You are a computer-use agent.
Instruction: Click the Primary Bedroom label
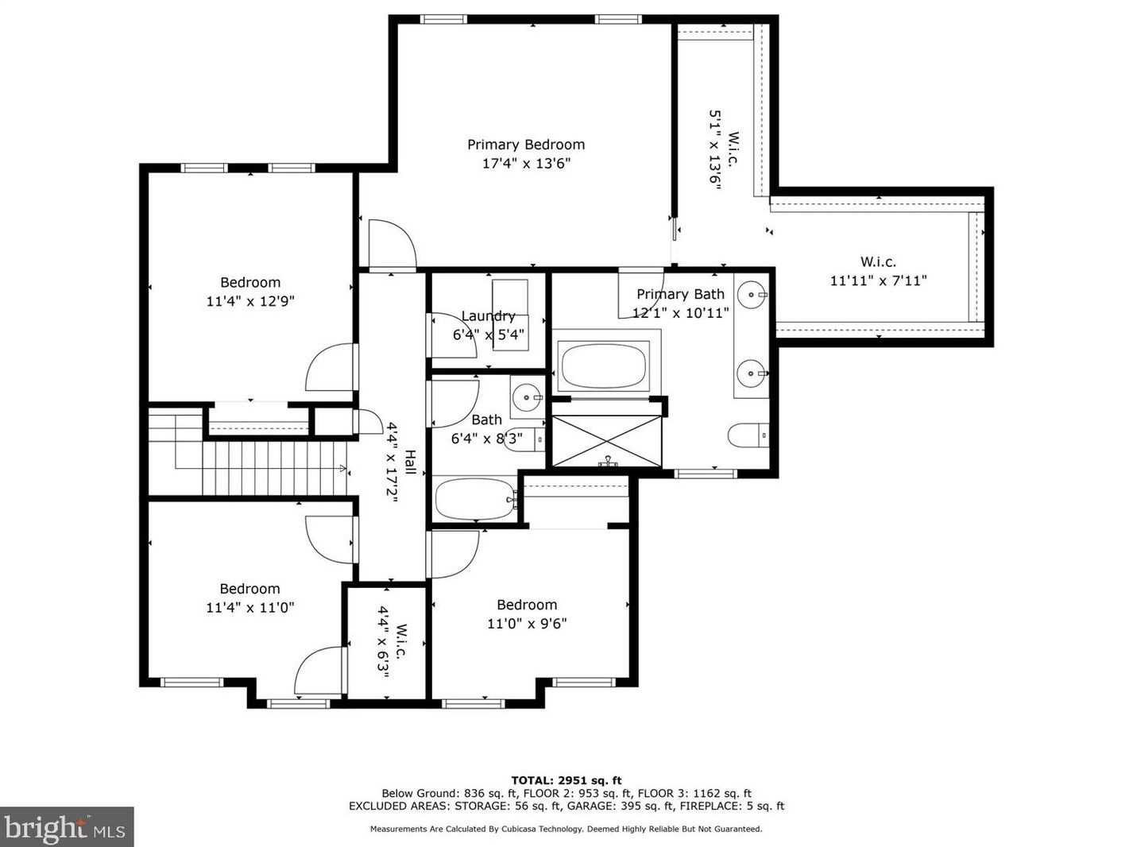525,145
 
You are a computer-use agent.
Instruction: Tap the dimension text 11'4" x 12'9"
250,301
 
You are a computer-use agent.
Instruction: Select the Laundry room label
488,316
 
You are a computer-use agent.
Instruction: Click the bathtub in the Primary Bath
605,366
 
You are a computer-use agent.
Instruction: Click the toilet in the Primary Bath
748,435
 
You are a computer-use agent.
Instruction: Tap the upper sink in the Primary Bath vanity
751,296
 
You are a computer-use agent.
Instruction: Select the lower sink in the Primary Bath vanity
751,372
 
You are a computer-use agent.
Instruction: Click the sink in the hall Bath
526,396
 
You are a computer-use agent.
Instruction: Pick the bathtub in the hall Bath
475,499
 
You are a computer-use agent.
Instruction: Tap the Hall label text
411,462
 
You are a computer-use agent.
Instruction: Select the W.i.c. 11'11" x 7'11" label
878,271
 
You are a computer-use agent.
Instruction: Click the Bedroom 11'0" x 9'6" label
527,614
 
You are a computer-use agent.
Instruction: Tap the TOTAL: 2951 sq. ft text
566,780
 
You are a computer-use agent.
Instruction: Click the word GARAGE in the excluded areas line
615,806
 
